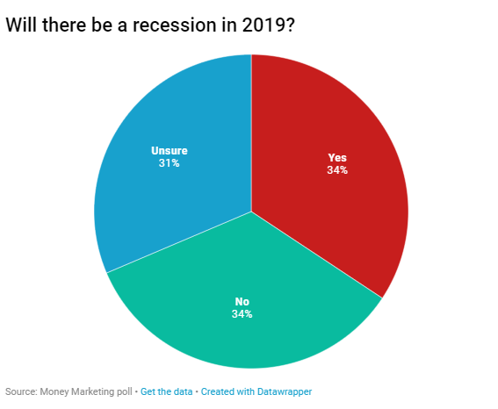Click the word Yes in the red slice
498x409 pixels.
click(x=337, y=158)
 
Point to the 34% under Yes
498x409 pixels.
click(x=337, y=170)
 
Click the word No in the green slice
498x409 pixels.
click(x=242, y=301)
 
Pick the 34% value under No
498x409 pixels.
click(x=242, y=314)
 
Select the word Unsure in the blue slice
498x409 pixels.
click(x=170, y=150)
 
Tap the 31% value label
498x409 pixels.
click(x=170, y=163)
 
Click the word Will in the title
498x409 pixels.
click(x=21, y=25)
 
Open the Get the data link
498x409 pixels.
click(x=166, y=391)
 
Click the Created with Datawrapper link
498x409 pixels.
click(x=256, y=391)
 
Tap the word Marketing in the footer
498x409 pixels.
click(x=93, y=391)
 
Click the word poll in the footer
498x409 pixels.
click(x=125, y=391)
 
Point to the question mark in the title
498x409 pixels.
click(x=290, y=25)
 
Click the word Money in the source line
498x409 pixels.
click(x=54, y=391)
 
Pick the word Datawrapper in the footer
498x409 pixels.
click(x=285, y=391)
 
